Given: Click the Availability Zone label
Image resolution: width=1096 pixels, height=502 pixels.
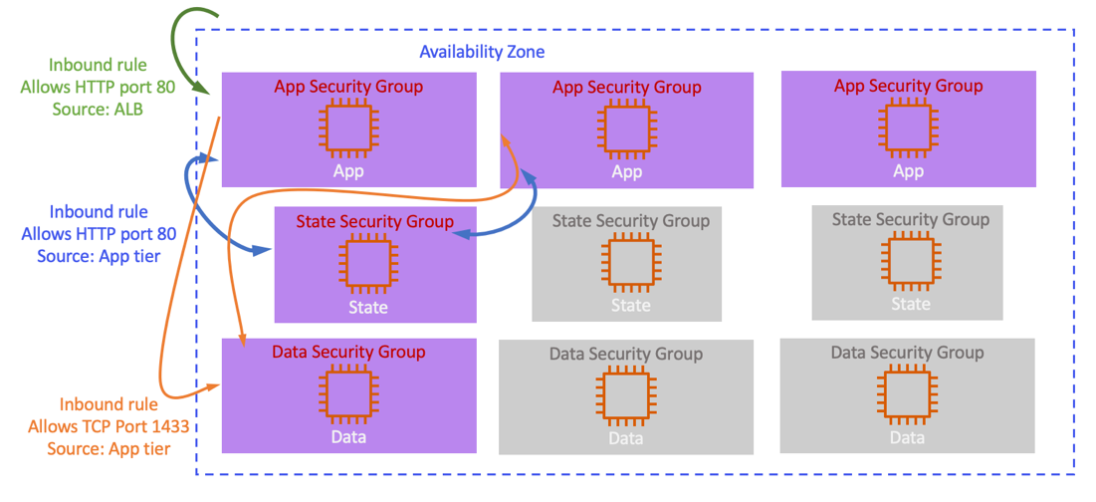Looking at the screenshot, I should (x=482, y=52).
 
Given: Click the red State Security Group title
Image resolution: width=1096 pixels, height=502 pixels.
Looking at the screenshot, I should (x=374, y=221).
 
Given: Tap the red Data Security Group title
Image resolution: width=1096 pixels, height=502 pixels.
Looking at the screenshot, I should (x=348, y=352).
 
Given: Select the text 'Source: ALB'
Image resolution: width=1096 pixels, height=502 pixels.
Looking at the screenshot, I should (x=98, y=109).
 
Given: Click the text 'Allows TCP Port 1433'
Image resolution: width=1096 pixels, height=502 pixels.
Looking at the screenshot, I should (x=109, y=427).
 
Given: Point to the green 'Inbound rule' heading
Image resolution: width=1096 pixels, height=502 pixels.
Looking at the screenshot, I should (x=98, y=66).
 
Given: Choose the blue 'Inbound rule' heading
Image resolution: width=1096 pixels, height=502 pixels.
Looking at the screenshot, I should (x=99, y=212).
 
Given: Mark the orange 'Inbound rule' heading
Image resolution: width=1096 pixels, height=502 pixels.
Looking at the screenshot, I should (x=109, y=405).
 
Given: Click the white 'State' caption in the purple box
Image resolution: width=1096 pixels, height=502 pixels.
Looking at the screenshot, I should (x=367, y=308).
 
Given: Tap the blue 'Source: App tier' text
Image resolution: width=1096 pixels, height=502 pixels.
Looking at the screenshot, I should (x=99, y=256).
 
